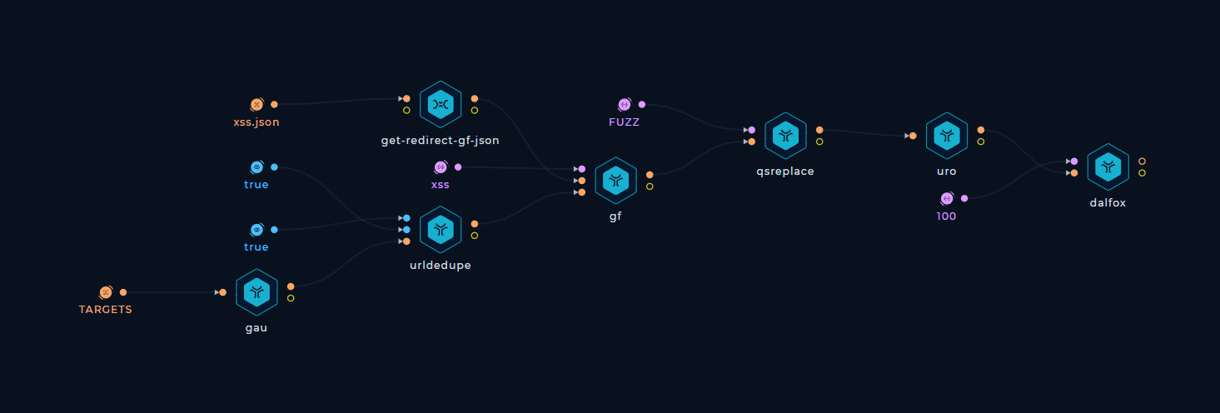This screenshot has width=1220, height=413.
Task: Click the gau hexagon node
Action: point(256,292)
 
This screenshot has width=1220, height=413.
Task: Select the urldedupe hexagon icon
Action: point(441,230)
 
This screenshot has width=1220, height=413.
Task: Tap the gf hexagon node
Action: point(616,181)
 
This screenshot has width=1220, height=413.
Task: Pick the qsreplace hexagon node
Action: point(785,136)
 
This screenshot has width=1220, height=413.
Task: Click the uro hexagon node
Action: point(947,136)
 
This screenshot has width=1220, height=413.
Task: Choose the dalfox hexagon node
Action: point(1108,167)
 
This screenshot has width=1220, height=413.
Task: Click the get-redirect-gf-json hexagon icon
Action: point(441,105)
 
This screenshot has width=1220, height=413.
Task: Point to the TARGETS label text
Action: point(106,310)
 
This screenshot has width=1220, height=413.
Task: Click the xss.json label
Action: point(256,122)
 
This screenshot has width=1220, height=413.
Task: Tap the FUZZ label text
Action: point(625,122)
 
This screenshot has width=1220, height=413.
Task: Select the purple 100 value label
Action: point(947,216)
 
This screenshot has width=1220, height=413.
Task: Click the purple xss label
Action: point(441,185)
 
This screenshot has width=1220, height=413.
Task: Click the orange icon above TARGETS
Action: point(106,292)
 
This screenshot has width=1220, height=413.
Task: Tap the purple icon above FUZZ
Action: point(625,105)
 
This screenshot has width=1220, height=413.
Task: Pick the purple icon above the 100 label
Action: point(947,198)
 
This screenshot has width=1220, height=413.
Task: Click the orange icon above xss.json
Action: point(257,105)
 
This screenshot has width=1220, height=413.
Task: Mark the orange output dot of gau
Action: point(291,286)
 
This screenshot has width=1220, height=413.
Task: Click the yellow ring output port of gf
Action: point(650,187)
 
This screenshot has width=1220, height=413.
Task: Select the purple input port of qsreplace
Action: point(752,130)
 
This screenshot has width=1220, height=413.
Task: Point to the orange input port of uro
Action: point(913,137)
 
